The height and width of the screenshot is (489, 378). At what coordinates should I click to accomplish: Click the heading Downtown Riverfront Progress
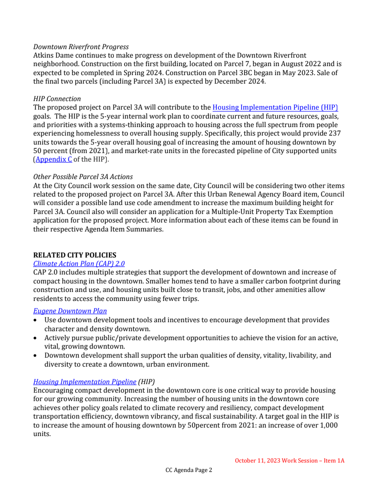81,47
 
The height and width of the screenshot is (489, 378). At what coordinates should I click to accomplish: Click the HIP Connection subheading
57,99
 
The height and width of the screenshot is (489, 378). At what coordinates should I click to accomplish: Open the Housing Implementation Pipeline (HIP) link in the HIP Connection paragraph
275,107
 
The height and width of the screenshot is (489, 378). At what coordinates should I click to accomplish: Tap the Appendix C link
54,159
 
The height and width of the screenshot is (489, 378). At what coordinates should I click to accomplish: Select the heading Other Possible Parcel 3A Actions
83,177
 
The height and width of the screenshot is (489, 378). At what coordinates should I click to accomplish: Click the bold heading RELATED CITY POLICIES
75,255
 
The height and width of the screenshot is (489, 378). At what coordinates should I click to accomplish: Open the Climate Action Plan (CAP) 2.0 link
79,264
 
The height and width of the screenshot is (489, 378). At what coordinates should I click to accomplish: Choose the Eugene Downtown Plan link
70,311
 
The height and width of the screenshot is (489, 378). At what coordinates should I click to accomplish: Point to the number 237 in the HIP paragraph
333,133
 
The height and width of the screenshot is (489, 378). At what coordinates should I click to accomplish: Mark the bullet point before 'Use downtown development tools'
36,320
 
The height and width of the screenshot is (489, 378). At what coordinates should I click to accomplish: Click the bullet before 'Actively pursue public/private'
36,338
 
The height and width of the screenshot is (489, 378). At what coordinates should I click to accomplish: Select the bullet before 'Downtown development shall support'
36,355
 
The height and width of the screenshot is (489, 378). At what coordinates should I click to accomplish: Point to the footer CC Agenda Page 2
189,470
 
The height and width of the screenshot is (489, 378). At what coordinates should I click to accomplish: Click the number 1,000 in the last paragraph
329,425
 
